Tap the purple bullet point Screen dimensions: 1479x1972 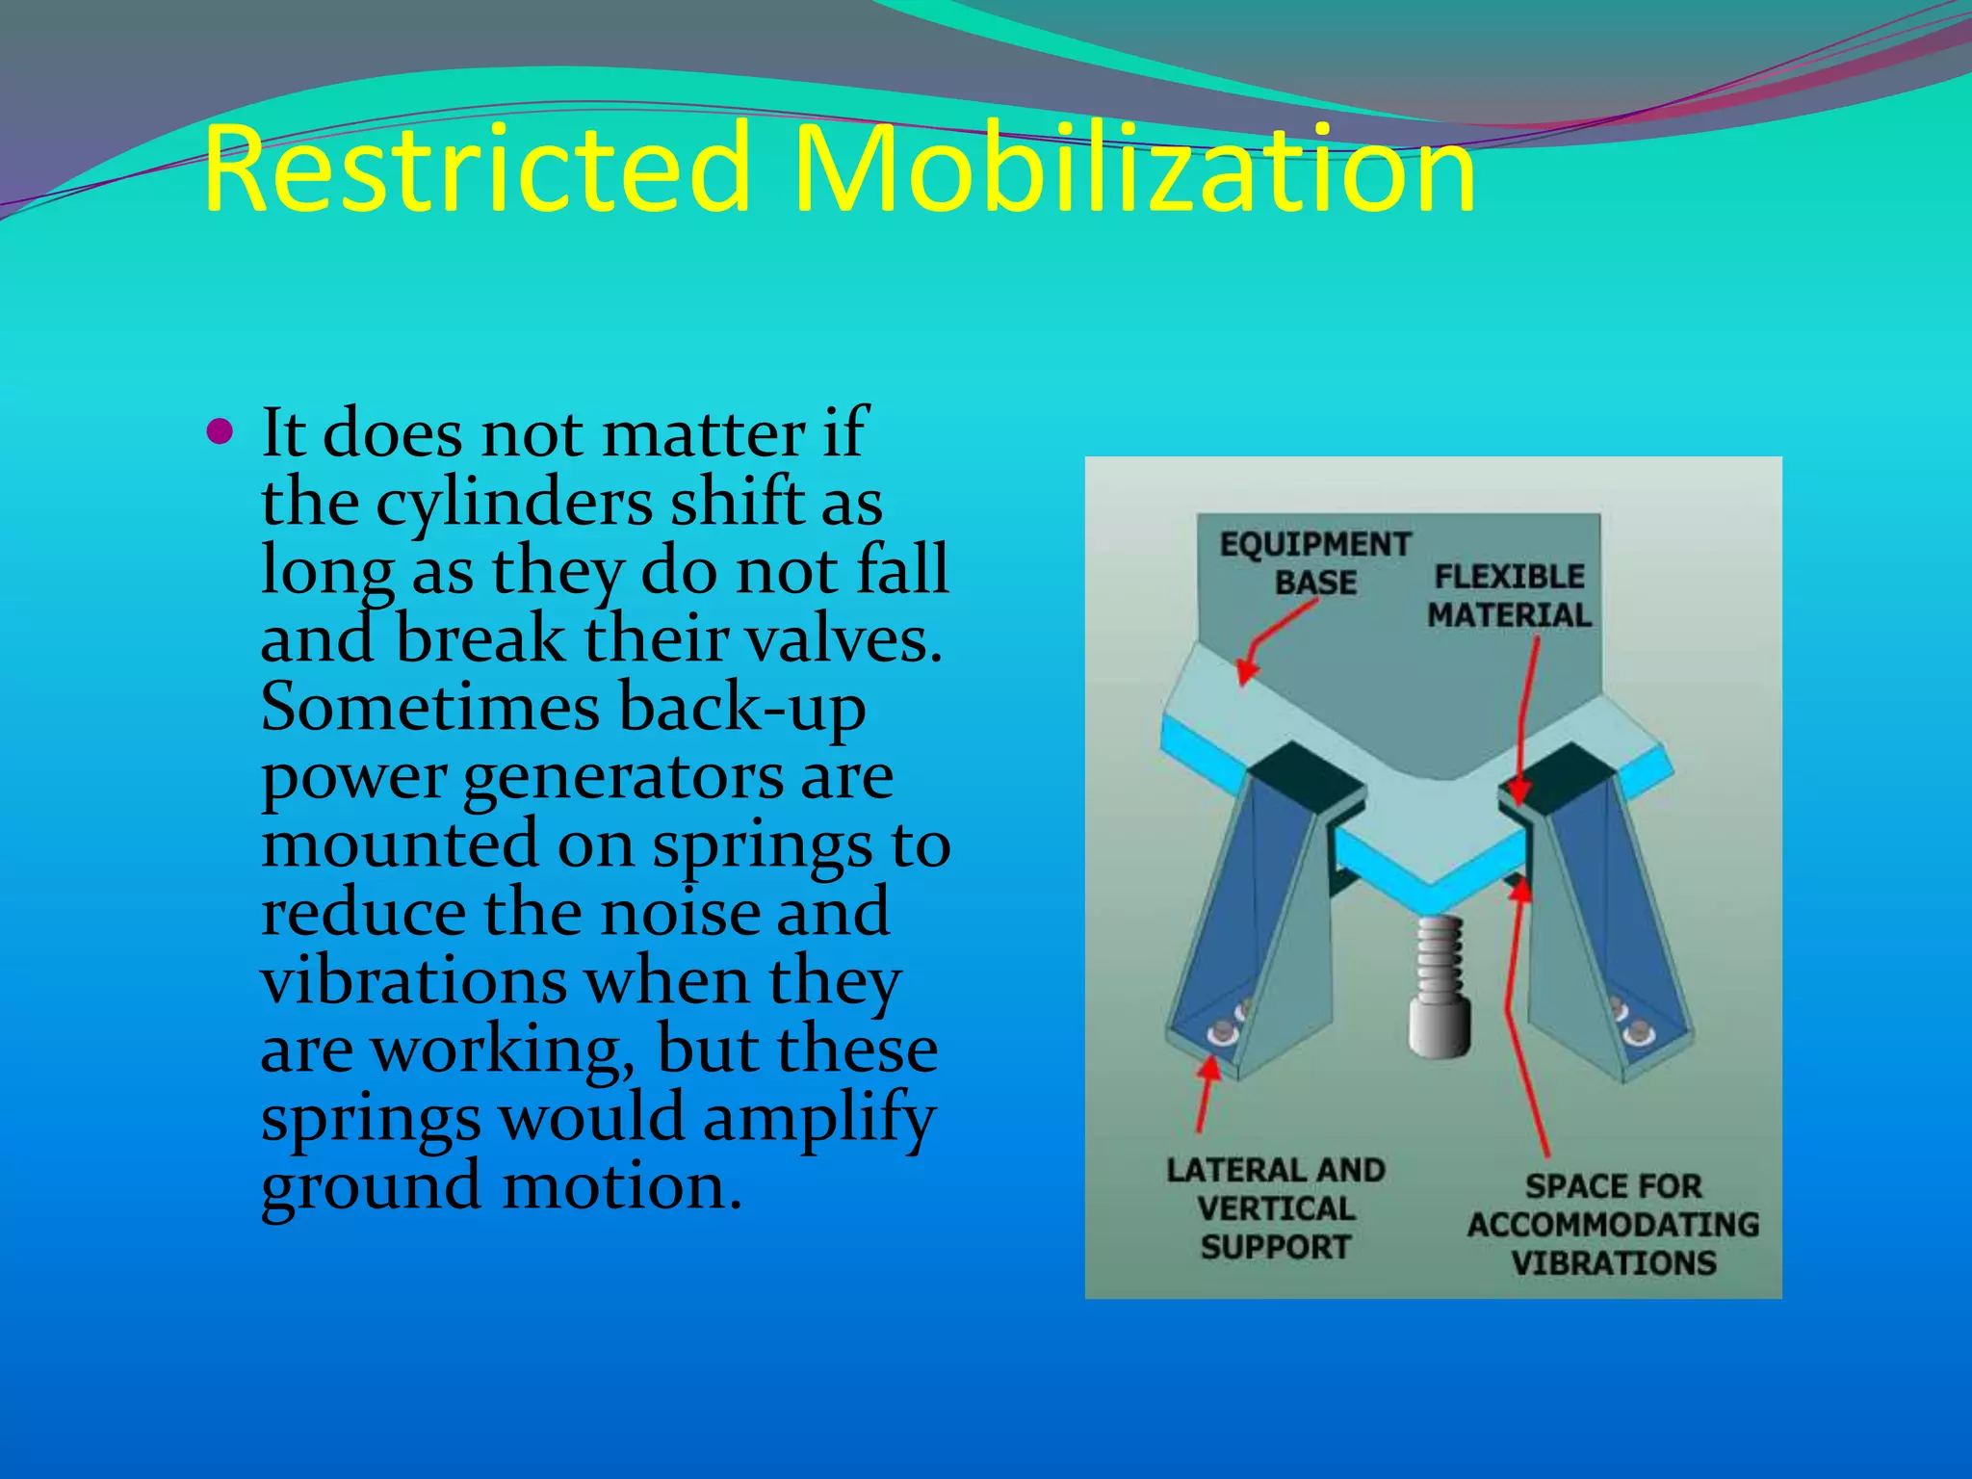(221, 431)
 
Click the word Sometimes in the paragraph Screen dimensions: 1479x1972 (430, 707)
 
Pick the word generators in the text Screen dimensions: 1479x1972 (623, 776)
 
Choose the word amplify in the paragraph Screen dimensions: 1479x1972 (818, 1118)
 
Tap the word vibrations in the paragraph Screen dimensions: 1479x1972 (413, 981)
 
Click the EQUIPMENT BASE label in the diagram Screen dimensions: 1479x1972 (1315, 563)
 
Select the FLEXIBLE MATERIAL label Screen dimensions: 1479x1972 (1509, 595)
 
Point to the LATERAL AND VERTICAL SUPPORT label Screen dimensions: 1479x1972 (1276, 1207)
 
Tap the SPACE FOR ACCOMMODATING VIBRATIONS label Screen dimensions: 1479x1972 (1613, 1224)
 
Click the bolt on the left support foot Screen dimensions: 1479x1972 (1221, 1032)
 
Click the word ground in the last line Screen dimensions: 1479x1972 (371, 1186)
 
